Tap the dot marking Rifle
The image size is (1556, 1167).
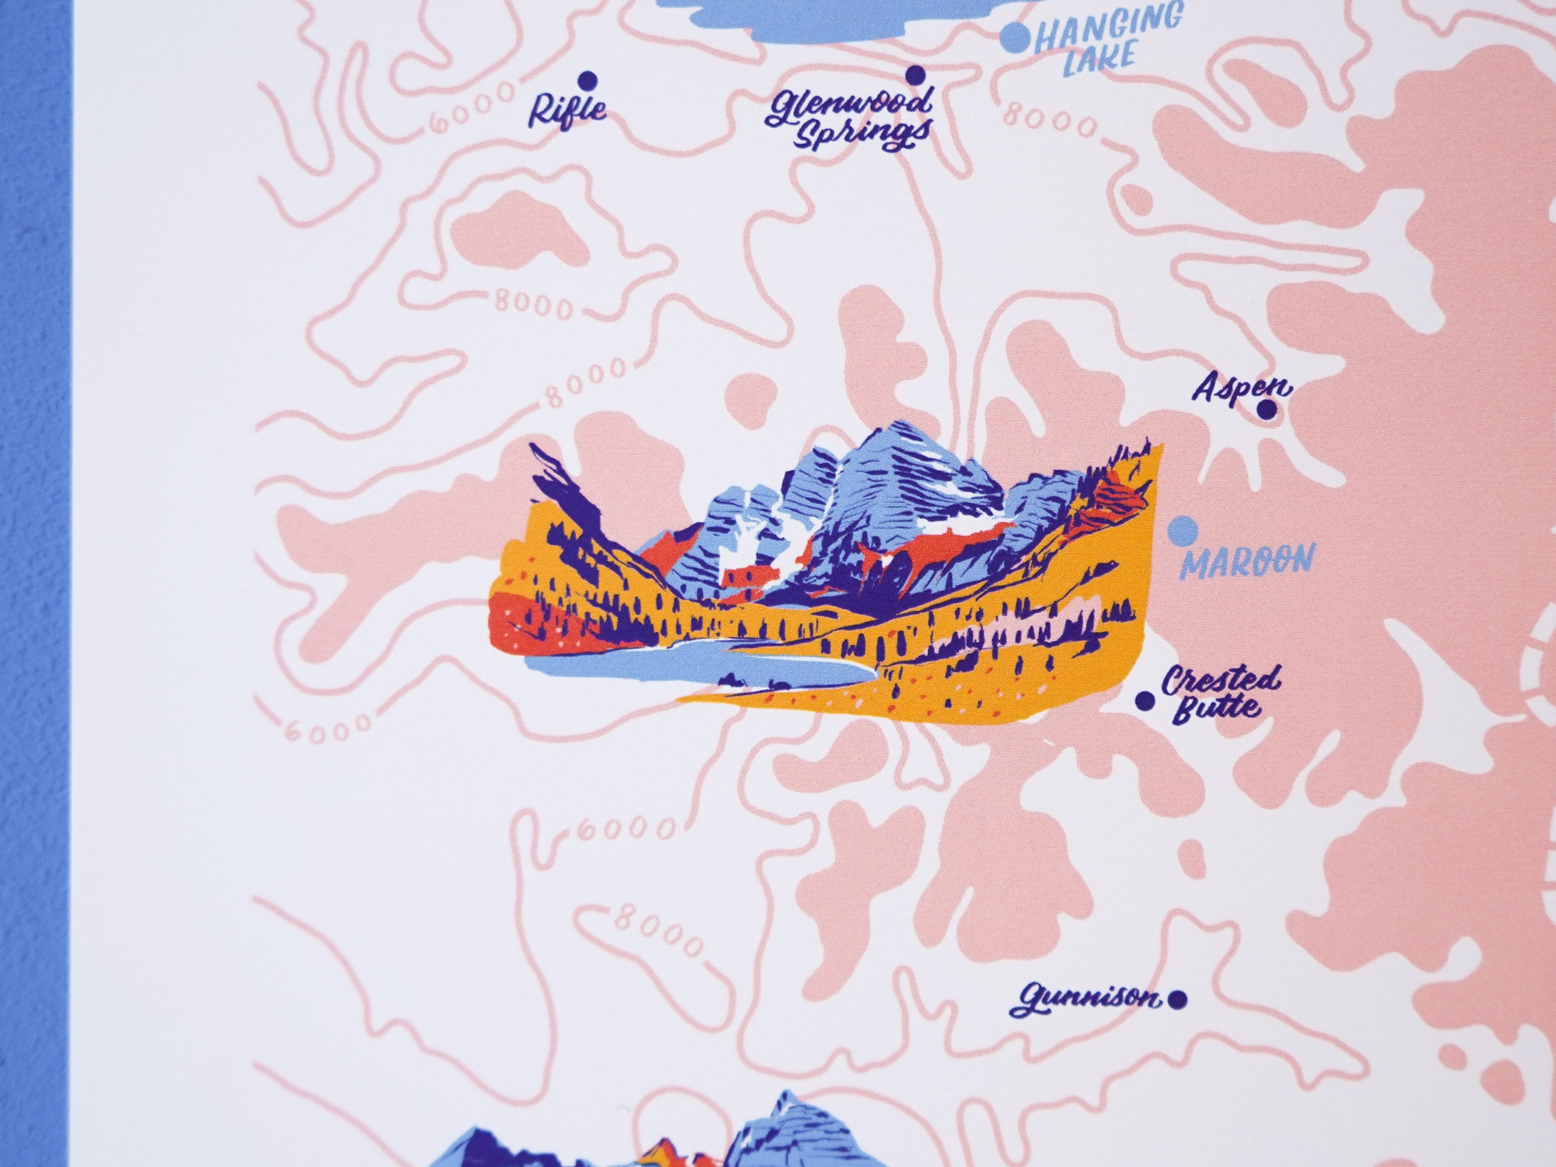[x=586, y=79]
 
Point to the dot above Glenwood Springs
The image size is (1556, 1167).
[x=915, y=75]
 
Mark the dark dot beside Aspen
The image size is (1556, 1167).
[x=1267, y=410]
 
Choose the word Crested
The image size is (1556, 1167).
[x=1218, y=684]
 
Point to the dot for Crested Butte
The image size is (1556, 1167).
[x=1145, y=700]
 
